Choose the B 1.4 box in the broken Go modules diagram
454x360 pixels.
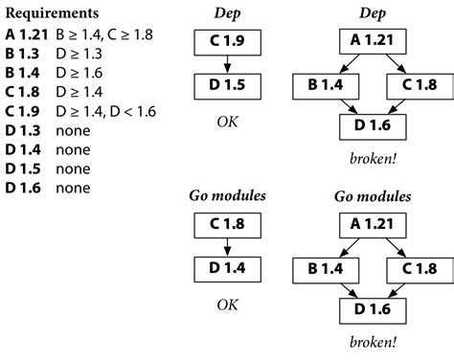coord(321,269)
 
